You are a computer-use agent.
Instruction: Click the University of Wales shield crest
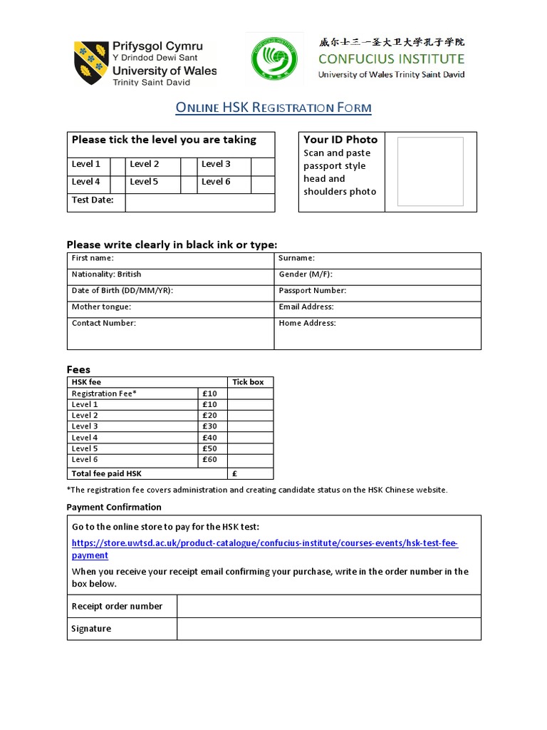pyautogui.click(x=91, y=63)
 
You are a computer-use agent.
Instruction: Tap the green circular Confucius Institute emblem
pyautogui.click(x=274, y=58)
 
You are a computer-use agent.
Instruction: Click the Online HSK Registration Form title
pyautogui.click(x=273, y=108)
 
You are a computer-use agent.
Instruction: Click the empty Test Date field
pyautogui.click(x=199, y=202)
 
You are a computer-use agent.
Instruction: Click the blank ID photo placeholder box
pyautogui.click(x=430, y=171)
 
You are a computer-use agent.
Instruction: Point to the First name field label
pyautogui.click(x=93, y=258)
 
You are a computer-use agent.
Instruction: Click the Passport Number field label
pyautogui.click(x=312, y=291)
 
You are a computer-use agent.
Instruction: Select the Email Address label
pyautogui.click(x=306, y=307)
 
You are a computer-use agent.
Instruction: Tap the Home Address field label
pyautogui.click(x=307, y=324)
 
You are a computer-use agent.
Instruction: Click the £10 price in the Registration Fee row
pyautogui.click(x=209, y=394)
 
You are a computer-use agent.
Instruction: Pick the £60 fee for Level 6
pyautogui.click(x=209, y=460)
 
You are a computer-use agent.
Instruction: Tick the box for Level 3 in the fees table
pyautogui.click(x=250, y=426)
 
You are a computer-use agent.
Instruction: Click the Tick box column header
pyautogui.click(x=248, y=382)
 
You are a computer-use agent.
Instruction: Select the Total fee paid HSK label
pyautogui.click(x=107, y=473)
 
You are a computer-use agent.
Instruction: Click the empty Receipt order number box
pyautogui.click(x=328, y=607)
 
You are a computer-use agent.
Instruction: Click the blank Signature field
pyautogui.click(x=328, y=629)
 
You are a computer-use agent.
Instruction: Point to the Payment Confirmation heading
pyautogui.click(x=114, y=508)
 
